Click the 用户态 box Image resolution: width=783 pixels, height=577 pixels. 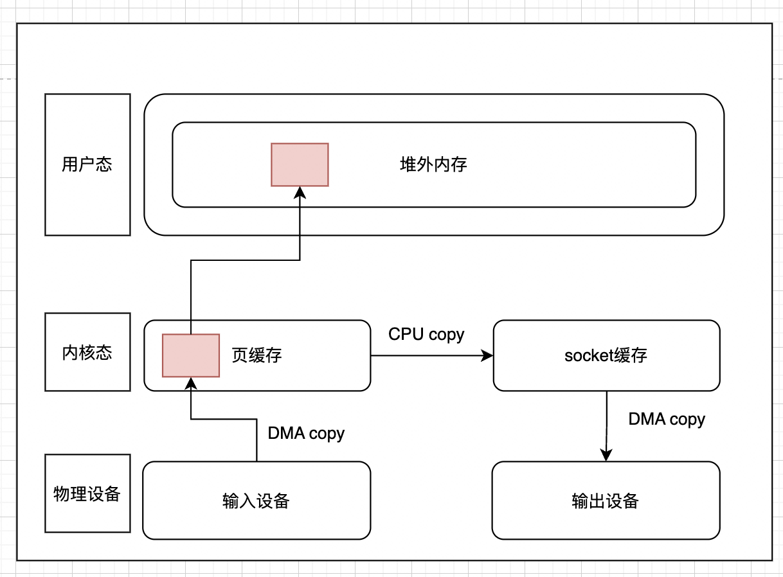(x=87, y=164)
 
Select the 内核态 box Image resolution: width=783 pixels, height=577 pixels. (x=87, y=352)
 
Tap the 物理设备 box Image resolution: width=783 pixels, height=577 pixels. (x=87, y=493)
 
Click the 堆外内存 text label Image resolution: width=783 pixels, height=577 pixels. (x=433, y=164)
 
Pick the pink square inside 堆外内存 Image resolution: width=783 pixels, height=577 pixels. (x=300, y=164)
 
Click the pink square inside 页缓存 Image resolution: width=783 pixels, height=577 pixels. (x=191, y=355)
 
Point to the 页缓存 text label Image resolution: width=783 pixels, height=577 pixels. (x=256, y=355)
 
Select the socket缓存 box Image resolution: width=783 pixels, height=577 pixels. (x=606, y=355)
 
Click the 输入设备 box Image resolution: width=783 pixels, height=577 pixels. (x=256, y=501)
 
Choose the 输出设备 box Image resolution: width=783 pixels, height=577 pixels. (x=606, y=501)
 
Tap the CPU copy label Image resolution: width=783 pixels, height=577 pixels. (x=426, y=334)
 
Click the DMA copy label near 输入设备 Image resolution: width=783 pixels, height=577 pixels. (x=306, y=433)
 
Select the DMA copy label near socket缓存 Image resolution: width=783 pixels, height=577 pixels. (x=667, y=419)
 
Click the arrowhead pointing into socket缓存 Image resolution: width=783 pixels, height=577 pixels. (x=487, y=355)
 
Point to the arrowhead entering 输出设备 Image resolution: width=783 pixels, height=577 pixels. (x=606, y=455)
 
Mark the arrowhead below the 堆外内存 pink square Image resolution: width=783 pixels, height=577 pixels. (x=300, y=193)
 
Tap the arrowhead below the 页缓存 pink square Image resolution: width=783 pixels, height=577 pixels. (x=191, y=384)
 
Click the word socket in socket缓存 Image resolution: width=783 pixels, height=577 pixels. (x=585, y=355)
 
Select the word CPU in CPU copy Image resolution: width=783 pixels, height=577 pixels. (x=406, y=334)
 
